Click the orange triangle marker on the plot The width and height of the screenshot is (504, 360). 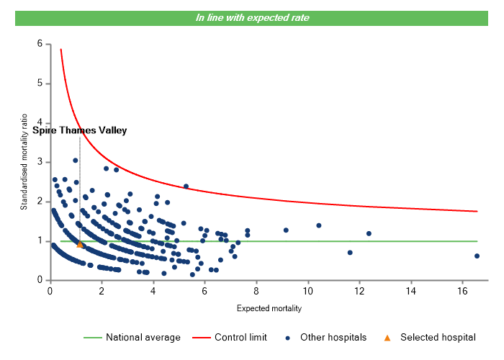79,244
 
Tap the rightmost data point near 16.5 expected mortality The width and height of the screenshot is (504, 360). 477,256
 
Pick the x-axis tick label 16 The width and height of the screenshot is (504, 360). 462,291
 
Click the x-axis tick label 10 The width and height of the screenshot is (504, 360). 307,291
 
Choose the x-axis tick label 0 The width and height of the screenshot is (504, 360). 50,291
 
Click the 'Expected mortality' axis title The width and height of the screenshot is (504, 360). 269,308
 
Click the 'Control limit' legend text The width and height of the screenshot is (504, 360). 242,337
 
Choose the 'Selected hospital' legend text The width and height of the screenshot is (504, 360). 438,337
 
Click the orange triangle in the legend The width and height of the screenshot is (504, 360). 387,337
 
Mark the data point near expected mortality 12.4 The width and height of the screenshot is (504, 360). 369,233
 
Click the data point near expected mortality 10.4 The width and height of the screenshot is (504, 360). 318,225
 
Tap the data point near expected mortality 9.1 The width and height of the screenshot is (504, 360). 286,230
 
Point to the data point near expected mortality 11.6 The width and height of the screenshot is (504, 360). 350,253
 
